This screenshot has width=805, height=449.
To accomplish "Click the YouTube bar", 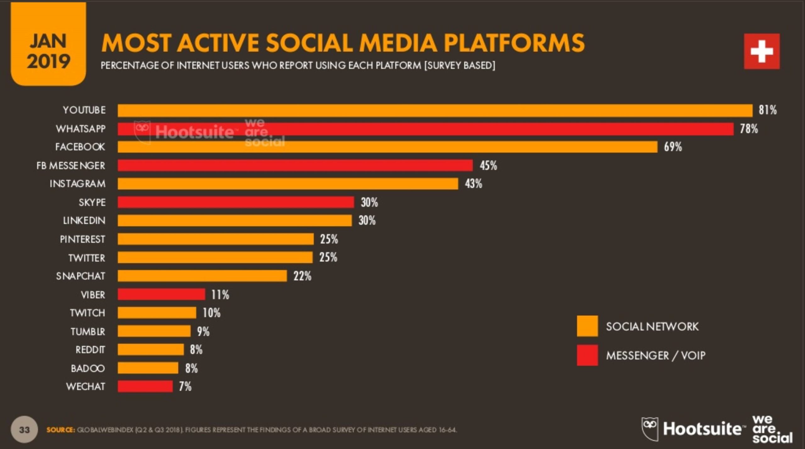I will point(435,111).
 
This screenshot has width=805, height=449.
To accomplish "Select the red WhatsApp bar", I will point(425,129).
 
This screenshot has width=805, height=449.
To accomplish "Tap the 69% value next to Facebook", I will point(673,147).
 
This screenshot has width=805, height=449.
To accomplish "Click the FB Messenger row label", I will point(71,166).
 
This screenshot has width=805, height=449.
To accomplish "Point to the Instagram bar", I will point(288,184).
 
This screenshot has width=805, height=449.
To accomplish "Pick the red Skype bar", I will point(236,202).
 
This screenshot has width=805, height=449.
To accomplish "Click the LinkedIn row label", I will point(84,221).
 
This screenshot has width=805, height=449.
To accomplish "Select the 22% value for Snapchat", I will point(302,276).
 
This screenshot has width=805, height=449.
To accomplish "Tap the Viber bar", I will point(161,294).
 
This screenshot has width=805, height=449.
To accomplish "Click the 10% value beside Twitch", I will point(211,313).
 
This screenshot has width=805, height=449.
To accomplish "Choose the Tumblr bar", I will point(154,331).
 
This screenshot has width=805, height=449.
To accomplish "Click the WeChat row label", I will point(86,386).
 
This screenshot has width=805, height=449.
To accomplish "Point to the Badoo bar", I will point(148,368).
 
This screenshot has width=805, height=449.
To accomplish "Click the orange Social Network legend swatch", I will point(587,326).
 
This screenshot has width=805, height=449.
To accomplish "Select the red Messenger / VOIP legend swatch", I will point(587,355).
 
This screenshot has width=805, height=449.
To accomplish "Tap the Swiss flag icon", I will point(761,51).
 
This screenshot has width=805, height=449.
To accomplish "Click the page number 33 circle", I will point(24,430).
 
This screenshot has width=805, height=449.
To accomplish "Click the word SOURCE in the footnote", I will point(60,430).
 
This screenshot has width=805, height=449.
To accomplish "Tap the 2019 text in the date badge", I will point(48,61).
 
